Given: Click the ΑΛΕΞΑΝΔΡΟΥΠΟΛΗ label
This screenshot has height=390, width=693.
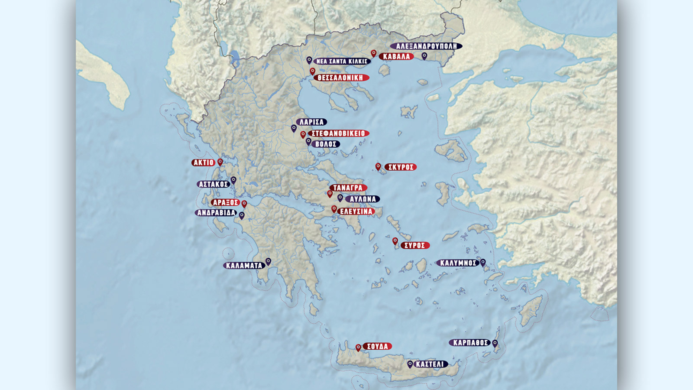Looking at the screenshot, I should [x=426, y=46].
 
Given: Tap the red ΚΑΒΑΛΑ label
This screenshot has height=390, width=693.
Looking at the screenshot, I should [x=396, y=56].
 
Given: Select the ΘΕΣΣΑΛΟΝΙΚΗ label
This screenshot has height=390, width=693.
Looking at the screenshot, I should [x=340, y=78].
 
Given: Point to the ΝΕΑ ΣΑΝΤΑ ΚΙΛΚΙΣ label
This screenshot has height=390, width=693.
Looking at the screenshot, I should [x=342, y=62].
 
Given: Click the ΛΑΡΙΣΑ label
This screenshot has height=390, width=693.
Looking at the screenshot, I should [x=311, y=122].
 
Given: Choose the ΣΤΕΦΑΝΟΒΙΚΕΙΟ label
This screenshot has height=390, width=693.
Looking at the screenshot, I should [x=338, y=133].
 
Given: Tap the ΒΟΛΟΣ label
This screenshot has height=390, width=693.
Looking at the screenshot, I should [x=326, y=144].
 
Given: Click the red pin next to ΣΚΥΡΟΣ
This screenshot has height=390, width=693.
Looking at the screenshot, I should [x=378, y=166].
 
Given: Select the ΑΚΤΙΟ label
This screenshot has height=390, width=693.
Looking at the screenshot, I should [x=204, y=163].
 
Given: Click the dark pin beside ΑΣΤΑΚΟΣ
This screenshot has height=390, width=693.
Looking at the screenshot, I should [x=233, y=180].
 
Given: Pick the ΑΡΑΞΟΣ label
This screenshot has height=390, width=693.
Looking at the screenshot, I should [x=225, y=202].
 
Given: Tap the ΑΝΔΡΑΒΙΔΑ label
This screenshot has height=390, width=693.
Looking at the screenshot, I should [x=216, y=213].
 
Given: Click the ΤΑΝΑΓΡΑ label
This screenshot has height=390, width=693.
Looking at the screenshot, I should [x=348, y=188].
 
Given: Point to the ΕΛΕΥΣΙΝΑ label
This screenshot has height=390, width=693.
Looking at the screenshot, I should [x=356, y=211].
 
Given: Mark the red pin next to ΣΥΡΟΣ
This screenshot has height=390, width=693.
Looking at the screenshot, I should [x=395, y=241].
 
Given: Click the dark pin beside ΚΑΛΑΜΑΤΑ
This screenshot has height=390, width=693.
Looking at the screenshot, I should [x=268, y=261].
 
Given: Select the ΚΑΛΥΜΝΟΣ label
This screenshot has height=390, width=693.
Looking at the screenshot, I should [x=458, y=263].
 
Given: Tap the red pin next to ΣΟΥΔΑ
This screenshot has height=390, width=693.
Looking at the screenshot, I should [x=358, y=348].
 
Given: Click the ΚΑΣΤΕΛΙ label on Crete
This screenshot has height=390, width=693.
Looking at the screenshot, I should [x=430, y=364].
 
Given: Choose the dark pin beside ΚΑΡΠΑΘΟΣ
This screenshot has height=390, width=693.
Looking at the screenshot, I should [x=495, y=343].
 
